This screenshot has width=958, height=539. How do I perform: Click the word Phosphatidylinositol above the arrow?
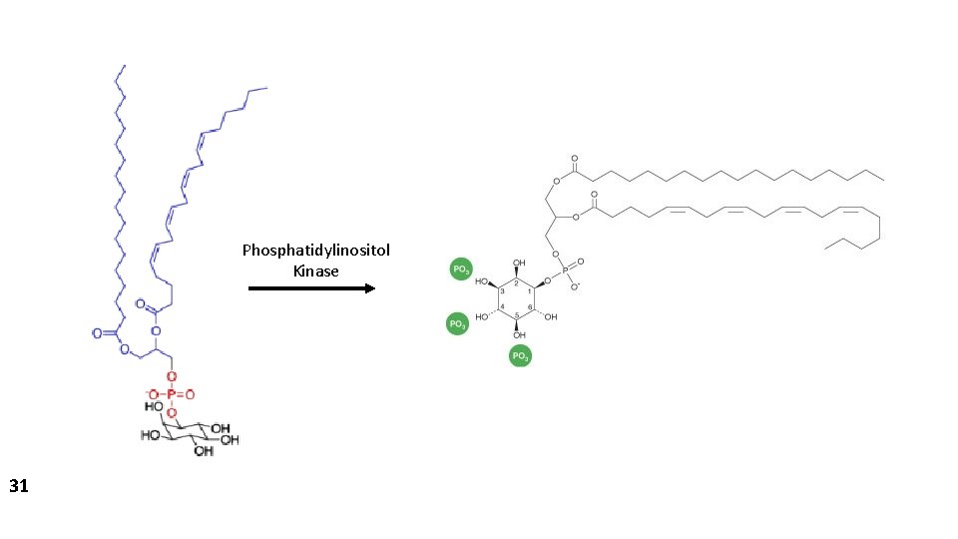315,250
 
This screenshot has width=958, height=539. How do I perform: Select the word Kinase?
315,270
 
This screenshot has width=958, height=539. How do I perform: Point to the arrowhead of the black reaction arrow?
369,288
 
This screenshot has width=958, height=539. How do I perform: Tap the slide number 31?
18,486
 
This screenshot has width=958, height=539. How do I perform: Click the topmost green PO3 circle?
461,269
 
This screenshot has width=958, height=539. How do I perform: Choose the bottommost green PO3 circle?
520,355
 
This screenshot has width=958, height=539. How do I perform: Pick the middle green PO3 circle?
456,323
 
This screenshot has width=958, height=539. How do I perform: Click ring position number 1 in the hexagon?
530,290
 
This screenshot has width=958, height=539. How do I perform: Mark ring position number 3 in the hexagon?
502,290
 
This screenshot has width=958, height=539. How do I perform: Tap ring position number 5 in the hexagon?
516,314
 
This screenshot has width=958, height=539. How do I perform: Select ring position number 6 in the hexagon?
530,306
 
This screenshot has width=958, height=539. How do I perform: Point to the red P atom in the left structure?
171,394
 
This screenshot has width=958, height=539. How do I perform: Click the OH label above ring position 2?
519,265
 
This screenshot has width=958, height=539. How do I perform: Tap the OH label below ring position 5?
519,334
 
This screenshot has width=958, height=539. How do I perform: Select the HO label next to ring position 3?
482,281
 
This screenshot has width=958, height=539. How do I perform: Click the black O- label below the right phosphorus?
576,286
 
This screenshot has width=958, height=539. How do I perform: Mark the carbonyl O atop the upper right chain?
575,158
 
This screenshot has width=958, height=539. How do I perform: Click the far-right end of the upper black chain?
883,180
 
